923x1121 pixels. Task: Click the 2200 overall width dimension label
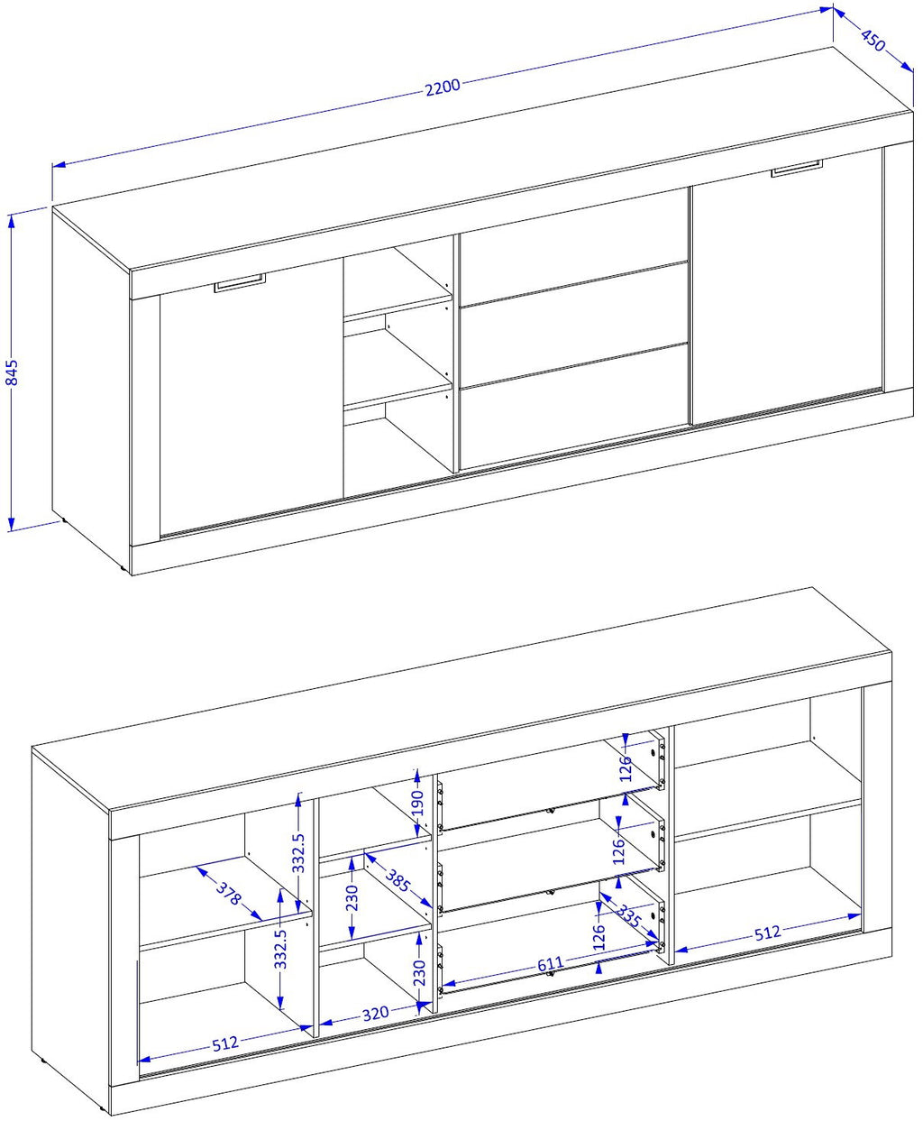(x=443, y=87)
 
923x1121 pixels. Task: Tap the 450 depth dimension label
(x=873, y=41)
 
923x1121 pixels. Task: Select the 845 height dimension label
(x=12, y=372)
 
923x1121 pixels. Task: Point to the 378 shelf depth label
(x=228, y=894)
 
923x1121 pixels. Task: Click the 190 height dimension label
(x=417, y=803)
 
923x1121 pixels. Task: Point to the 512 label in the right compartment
(x=768, y=933)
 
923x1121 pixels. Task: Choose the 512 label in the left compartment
(x=224, y=1043)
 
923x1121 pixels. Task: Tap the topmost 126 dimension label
(x=626, y=767)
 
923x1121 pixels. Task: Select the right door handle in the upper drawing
(x=796, y=169)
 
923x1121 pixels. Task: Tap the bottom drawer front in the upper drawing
(x=574, y=408)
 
